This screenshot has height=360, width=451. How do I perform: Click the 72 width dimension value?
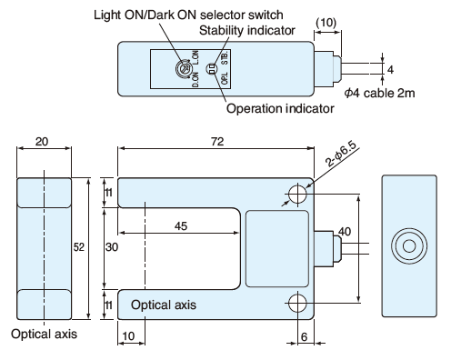(x=217, y=142)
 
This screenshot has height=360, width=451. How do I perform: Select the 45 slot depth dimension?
(x=181, y=226)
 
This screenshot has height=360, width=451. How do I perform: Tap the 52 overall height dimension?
(x=79, y=247)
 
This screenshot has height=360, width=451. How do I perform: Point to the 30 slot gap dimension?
(x=112, y=247)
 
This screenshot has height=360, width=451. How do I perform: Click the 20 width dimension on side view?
(x=42, y=142)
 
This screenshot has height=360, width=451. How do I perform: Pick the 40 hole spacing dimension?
(x=345, y=232)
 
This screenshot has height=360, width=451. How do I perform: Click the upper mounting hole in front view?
(x=297, y=194)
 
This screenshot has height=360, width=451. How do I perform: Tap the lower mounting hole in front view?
(x=297, y=303)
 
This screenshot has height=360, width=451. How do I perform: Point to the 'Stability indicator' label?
(x=247, y=30)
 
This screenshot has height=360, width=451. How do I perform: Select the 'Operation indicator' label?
(x=280, y=108)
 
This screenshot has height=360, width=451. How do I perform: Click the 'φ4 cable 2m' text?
(x=379, y=93)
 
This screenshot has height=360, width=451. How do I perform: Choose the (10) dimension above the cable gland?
(x=326, y=23)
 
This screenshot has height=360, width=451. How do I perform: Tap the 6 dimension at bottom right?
(x=304, y=336)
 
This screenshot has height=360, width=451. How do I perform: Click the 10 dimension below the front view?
(x=128, y=336)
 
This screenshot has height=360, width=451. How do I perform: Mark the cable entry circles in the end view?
(x=409, y=246)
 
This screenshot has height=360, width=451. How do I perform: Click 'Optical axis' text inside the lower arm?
(x=164, y=305)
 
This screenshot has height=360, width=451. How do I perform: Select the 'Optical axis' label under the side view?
(x=45, y=334)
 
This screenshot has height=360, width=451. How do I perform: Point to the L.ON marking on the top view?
(x=195, y=57)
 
